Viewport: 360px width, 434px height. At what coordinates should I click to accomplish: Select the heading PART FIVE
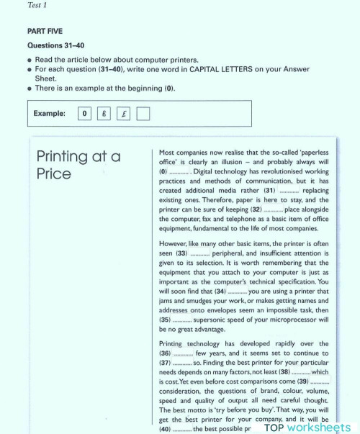tap(45, 32)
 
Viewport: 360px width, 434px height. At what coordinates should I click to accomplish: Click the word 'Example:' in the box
tap(49, 113)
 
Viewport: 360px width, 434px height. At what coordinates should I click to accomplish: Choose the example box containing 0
tap(86, 113)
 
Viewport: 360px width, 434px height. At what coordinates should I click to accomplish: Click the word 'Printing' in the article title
tap(69, 157)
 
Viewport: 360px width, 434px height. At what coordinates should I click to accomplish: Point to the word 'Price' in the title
tap(54, 174)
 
